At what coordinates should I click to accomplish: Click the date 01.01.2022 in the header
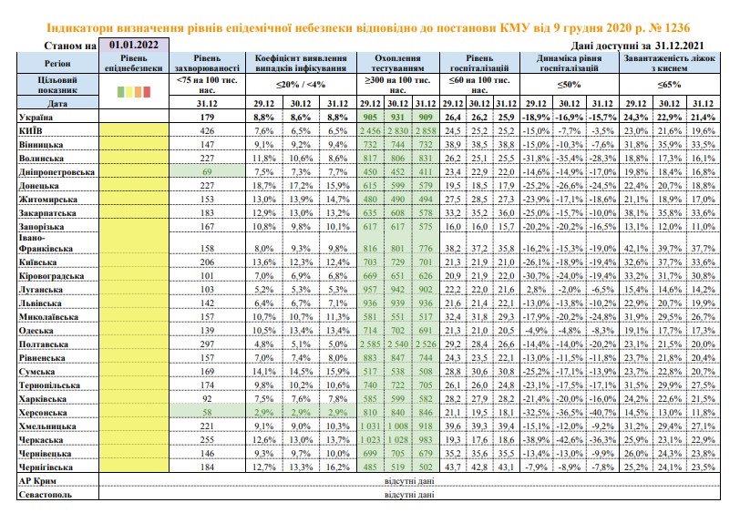click(x=134, y=45)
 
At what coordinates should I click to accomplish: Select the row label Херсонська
click(x=43, y=413)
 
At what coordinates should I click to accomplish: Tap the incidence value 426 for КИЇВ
click(x=207, y=130)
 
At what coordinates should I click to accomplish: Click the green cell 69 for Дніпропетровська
click(x=207, y=172)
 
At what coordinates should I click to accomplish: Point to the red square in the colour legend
click(x=147, y=91)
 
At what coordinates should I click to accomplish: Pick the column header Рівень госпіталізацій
click(x=479, y=63)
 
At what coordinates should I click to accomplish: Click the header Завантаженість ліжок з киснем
click(x=669, y=63)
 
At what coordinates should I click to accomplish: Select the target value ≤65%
click(x=669, y=85)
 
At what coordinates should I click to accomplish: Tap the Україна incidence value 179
click(x=207, y=117)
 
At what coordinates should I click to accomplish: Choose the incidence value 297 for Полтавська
click(x=207, y=344)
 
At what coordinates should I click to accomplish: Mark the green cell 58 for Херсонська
click(x=207, y=413)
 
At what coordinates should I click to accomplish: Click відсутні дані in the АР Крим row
click(x=409, y=481)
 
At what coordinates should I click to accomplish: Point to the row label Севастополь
click(x=46, y=495)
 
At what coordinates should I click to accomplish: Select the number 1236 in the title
click(x=675, y=27)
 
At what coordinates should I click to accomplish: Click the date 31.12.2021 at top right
click(x=679, y=46)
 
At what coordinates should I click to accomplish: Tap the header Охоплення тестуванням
click(x=397, y=63)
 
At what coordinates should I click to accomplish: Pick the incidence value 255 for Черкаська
click(x=207, y=440)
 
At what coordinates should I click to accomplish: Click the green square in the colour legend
click(x=121, y=91)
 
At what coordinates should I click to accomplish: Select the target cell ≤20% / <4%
click(x=301, y=85)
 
